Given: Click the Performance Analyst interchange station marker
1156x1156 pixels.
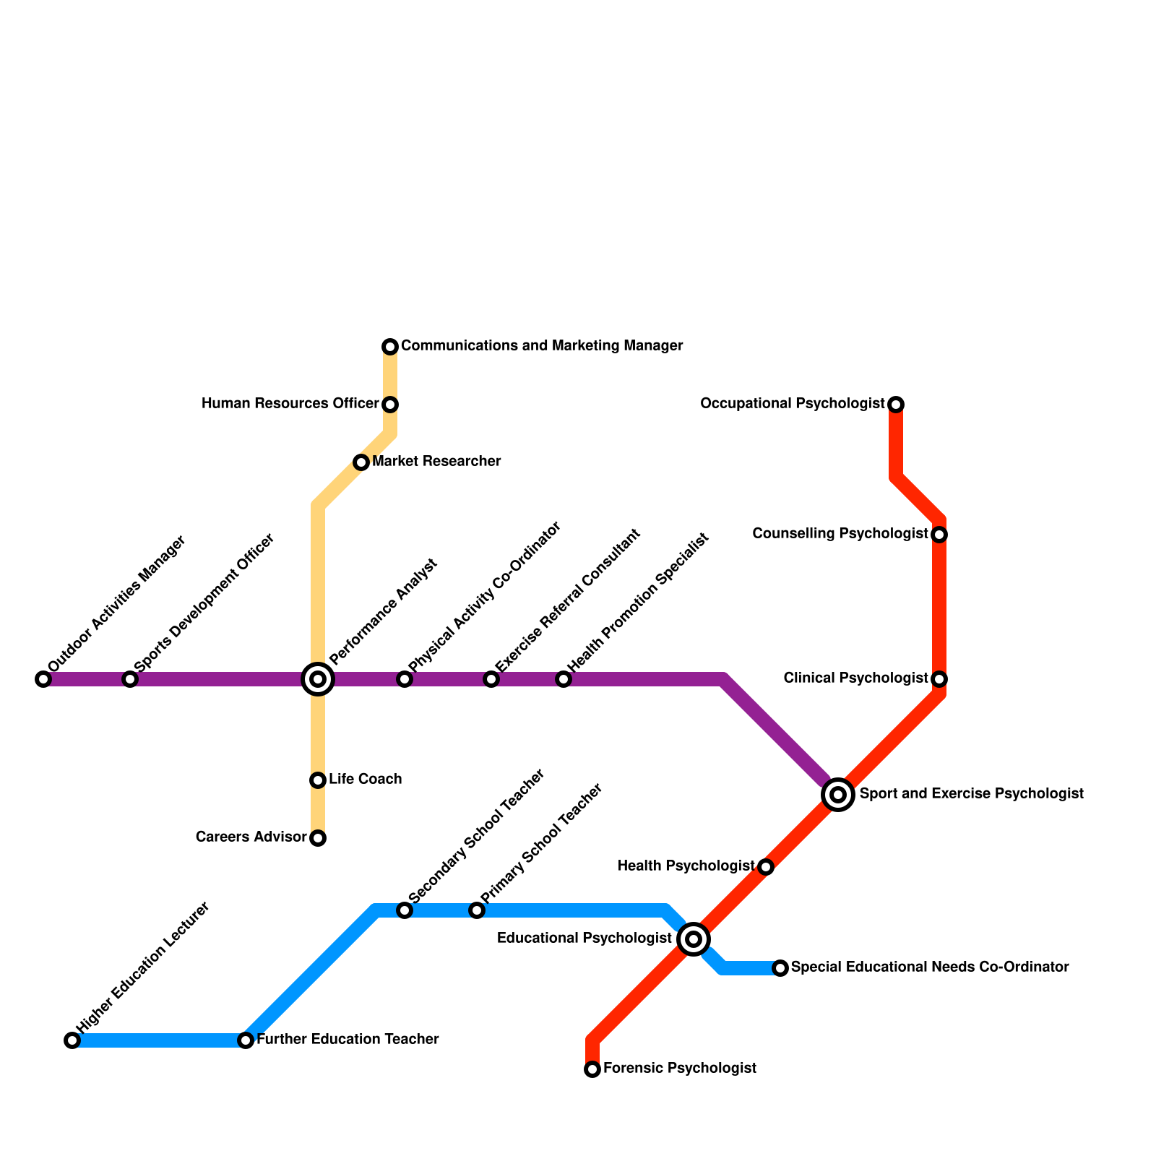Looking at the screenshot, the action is click(x=318, y=679).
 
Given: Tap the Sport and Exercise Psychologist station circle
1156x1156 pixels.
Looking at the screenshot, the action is click(x=838, y=795).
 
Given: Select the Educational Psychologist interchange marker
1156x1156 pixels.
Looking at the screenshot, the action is click(x=694, y=939).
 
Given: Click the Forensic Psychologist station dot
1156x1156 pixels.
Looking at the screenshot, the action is click(x=592, y=1069).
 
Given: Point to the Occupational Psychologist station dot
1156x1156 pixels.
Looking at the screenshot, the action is click(x=896, y=404).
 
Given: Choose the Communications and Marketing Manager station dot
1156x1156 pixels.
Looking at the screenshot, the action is click(x=390, y=347).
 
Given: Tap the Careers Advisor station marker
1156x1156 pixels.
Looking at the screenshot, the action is click(x=318, y=838).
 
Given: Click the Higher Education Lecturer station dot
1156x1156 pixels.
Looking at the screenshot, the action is click(x=72, y=1040).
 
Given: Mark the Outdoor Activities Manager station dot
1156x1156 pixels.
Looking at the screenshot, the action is click(x=43, y=679).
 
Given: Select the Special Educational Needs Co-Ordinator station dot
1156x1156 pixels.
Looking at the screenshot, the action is click(x=780, y=968).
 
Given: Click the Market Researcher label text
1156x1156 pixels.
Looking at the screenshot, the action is click(x=436, y=462).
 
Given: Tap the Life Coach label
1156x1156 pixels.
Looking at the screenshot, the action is click(x=365, y=780).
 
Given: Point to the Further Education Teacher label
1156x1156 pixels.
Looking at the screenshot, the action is click(x=348, y=1040).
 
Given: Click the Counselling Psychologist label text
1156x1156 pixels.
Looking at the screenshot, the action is click(x=840, y=534).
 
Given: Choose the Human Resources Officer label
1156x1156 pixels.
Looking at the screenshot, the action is click(x=290, y=404).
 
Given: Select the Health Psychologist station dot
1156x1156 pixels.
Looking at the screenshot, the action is click(x=766, y=867).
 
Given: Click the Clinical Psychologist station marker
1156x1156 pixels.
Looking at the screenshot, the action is click(x=939, y=679).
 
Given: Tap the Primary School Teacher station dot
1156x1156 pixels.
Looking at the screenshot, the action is click(x=477, y=910).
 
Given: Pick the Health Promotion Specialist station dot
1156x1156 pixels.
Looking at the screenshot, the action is click(x=564, y=679).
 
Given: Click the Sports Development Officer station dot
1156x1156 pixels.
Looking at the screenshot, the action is click(x=130, y=679).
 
